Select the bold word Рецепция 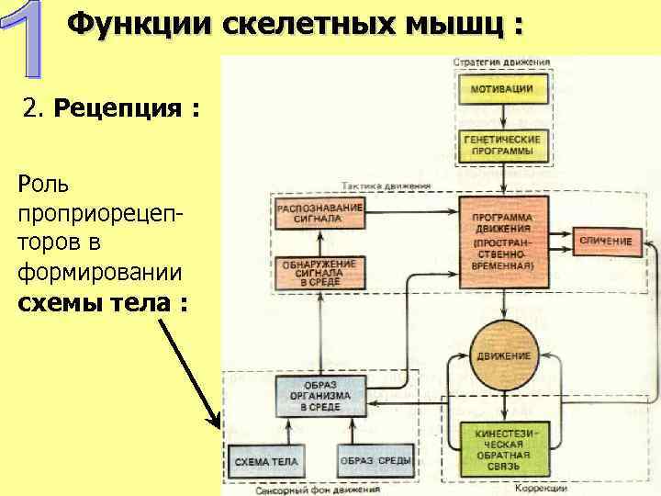[x=119, y=110]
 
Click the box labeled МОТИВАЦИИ [x=501, y=89]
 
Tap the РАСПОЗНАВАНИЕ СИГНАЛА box [x=319, y=214]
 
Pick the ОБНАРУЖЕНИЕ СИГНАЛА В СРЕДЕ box [x=319, y=270]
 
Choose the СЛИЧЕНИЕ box [x=605, y=241]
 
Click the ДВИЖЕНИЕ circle [x=502, y=355]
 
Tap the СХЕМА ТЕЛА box [x=266, y=460]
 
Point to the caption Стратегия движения [x=501, y=62]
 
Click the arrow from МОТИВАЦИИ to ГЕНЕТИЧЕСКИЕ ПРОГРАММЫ [x=501, y=116]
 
